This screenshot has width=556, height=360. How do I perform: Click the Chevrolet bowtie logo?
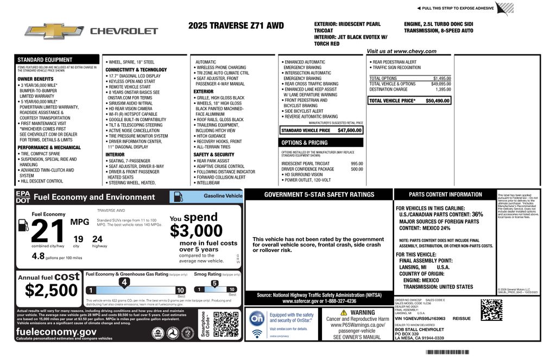click(54, 31)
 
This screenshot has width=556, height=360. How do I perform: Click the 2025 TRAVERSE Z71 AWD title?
click(236, 26)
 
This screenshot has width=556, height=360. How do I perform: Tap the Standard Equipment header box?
click(52, 60)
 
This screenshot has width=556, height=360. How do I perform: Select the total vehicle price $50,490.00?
click(438, 101)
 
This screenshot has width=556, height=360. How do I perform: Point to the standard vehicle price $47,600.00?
click(349, 130)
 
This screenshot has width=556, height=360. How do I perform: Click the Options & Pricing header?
click(305, 143)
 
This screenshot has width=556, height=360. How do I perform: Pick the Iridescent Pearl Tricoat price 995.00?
click(357, 163)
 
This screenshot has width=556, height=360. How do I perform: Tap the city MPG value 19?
click(78, 239)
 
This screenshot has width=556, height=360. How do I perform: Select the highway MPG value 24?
click(97, 239)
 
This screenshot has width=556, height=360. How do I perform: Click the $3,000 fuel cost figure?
click(196, 231)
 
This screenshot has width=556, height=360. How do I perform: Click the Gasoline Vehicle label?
click(223, 195)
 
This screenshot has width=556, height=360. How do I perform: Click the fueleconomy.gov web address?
click(56, 332)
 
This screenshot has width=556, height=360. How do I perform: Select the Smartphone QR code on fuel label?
click(226, 325)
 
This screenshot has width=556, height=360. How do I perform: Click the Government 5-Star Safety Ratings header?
click(319, 194)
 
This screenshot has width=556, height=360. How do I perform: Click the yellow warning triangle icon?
click(344, 313)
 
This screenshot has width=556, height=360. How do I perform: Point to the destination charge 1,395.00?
click(443, 90)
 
